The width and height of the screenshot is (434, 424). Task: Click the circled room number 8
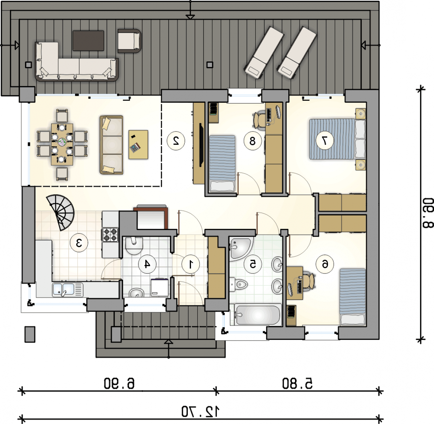[x=253, y=141]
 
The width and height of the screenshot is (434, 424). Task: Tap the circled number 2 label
[x=176, y=141]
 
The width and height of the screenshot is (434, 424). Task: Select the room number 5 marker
[x=253, y=264]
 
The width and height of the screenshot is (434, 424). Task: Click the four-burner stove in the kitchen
[x=110, y=235]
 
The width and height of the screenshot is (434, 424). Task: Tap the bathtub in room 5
[x=256, y=315]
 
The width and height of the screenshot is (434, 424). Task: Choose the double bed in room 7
[x=337, y=139]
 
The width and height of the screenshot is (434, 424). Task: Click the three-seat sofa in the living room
[x=111, y=145]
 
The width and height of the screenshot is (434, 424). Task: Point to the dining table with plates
[x=62, y=145]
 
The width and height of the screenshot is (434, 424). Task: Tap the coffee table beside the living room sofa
[x=138, y=145]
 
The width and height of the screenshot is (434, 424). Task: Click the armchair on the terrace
[x=129, y=41]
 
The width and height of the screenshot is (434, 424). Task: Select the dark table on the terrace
[x=88, y=41]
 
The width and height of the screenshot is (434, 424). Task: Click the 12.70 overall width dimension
[x=200, y=412]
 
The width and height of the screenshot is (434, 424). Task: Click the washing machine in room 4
[x=160, y=287]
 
